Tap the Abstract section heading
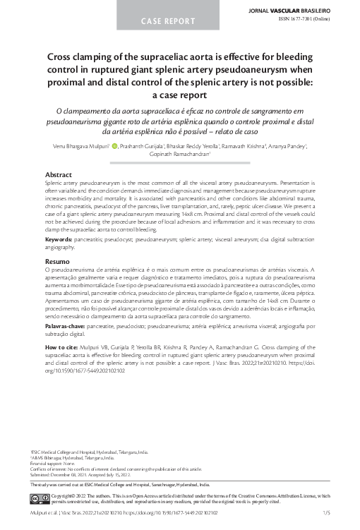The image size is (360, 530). [59, 174]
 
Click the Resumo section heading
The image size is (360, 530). [59, 262]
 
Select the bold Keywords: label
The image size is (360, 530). [62, 240]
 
